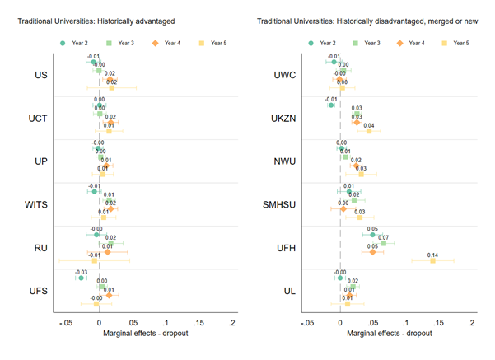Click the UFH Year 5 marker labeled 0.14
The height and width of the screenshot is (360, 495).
pyautogui.click(x=432, y=260)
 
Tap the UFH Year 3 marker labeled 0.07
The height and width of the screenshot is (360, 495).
pyautogui.click(x=384, y=243)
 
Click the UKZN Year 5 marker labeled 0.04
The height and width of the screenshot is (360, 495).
pyautogui.click(x=368, y=131)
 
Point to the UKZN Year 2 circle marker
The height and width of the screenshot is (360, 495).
pyautogui.click(x=331, y=105)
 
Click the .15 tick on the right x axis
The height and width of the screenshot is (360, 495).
pyautogui.click(x=439, y=323)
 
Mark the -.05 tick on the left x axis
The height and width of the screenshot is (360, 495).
pyautogui.click(x=63, y=323)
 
